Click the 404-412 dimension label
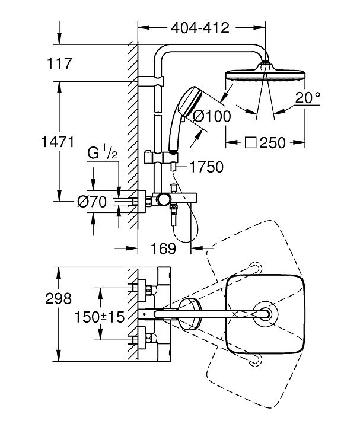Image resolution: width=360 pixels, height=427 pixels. click(200, 28)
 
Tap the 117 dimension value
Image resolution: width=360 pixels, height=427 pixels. click(60, 63)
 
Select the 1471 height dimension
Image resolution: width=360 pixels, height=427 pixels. click(58, 142)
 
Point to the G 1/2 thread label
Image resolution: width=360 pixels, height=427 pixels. click(103, 152)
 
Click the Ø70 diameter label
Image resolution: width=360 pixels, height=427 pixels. click(92, 202)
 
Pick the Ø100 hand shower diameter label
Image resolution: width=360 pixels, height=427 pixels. click(212, 116)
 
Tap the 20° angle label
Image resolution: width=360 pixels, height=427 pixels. click(308, 97)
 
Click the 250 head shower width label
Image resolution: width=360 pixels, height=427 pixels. click(273, 143)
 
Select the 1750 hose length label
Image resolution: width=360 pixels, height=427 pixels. click(206, 167)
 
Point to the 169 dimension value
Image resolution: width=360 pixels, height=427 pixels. click(163, 248)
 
